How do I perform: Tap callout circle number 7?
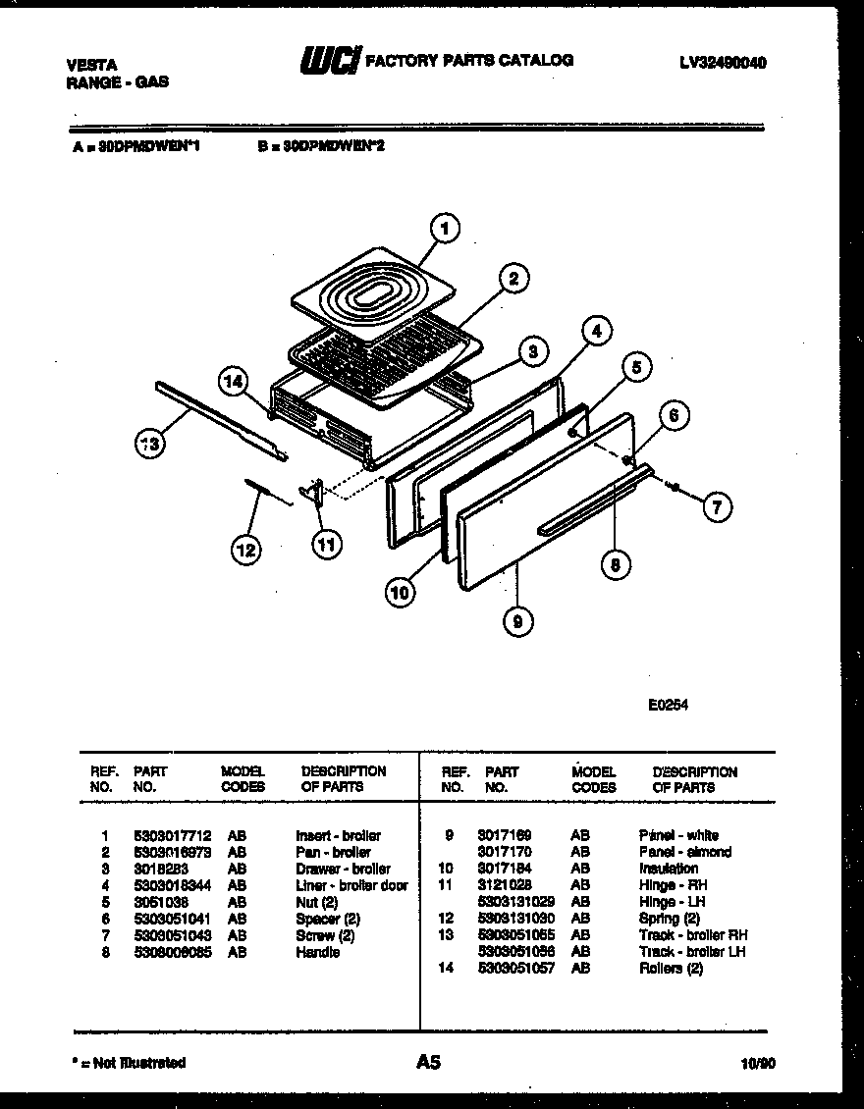717,507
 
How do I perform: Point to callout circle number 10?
400,592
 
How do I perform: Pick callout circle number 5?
635,368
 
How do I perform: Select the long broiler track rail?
220,420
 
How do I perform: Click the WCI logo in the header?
330,61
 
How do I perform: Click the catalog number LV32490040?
722,63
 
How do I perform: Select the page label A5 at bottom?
428,1061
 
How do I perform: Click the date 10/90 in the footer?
756,1062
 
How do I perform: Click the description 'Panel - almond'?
684,852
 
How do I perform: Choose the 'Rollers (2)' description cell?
671,969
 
